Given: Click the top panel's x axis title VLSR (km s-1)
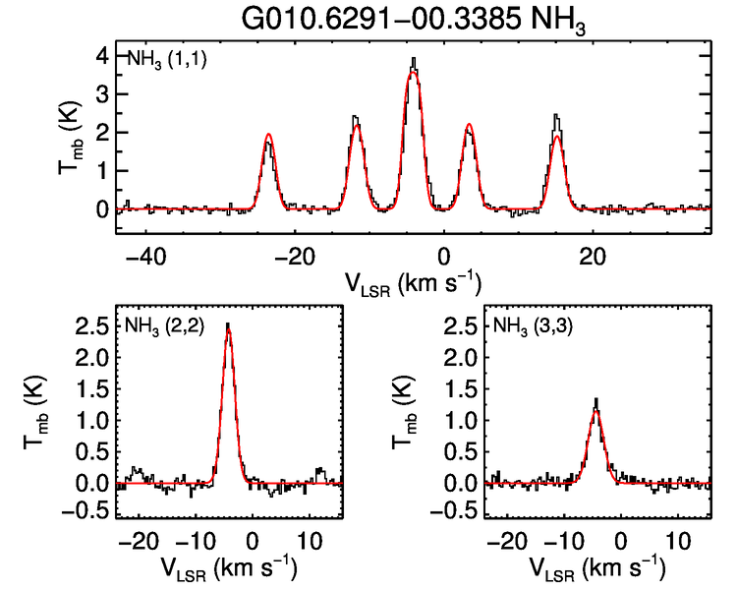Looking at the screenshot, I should [x=413, y=283].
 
